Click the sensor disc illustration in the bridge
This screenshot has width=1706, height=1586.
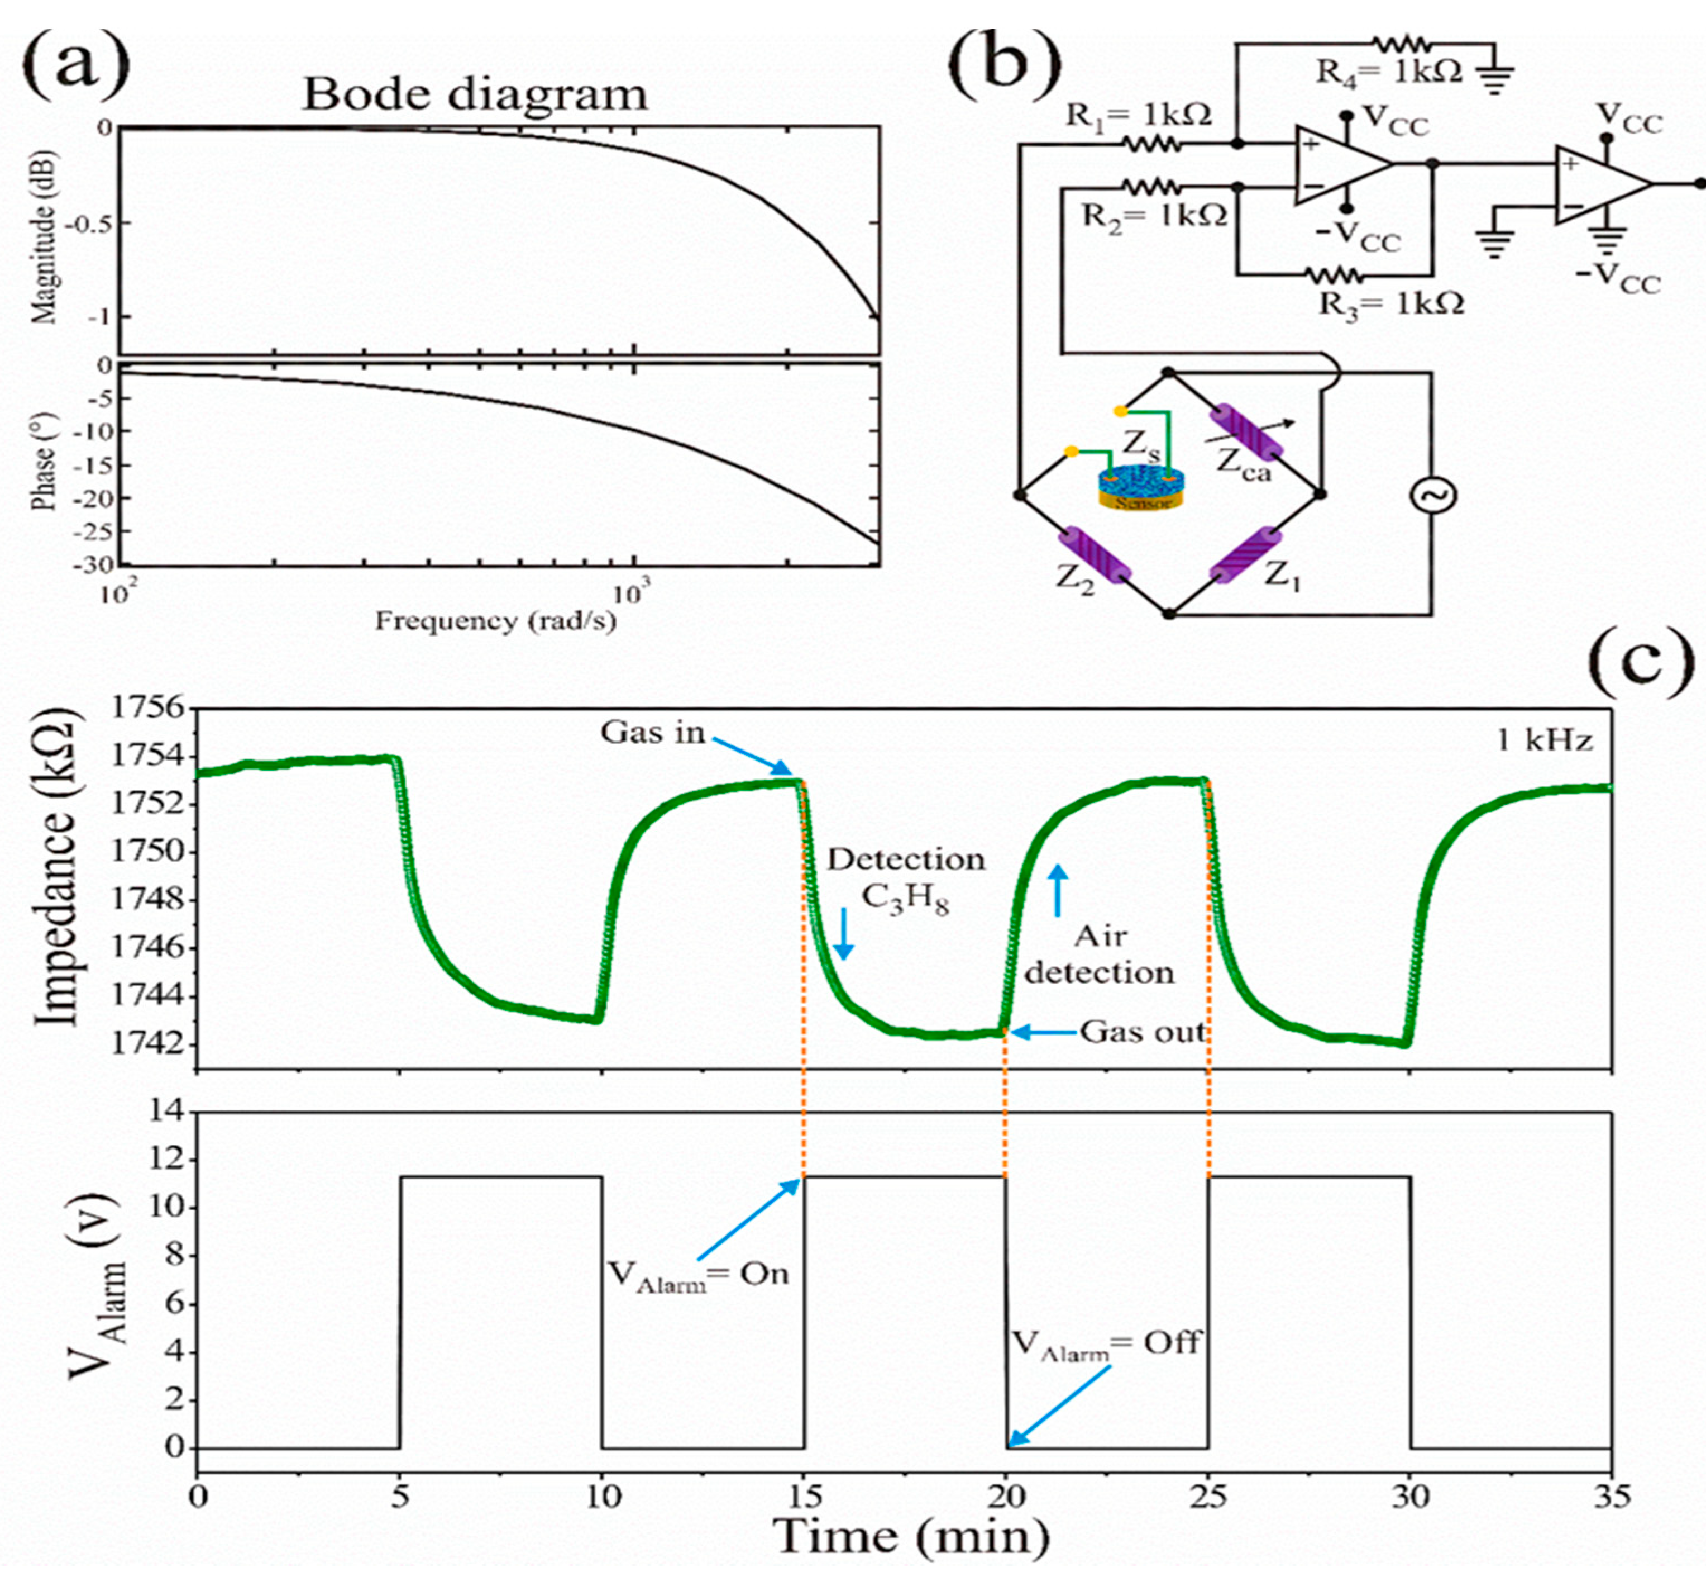(x=1141, y=487)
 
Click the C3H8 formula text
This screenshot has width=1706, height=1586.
(x=905, y=899)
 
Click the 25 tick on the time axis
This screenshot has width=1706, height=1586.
(x=1208, y=1497)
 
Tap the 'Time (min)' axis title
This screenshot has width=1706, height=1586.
(x=912, y=1536)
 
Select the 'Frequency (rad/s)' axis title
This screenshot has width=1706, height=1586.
(x=496, y=620)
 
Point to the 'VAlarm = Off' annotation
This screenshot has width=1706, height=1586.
(x=1106, y=1343)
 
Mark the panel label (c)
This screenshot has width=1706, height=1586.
(x=1641, y=663)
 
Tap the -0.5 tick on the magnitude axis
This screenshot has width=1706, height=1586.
(x=90, y=223)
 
